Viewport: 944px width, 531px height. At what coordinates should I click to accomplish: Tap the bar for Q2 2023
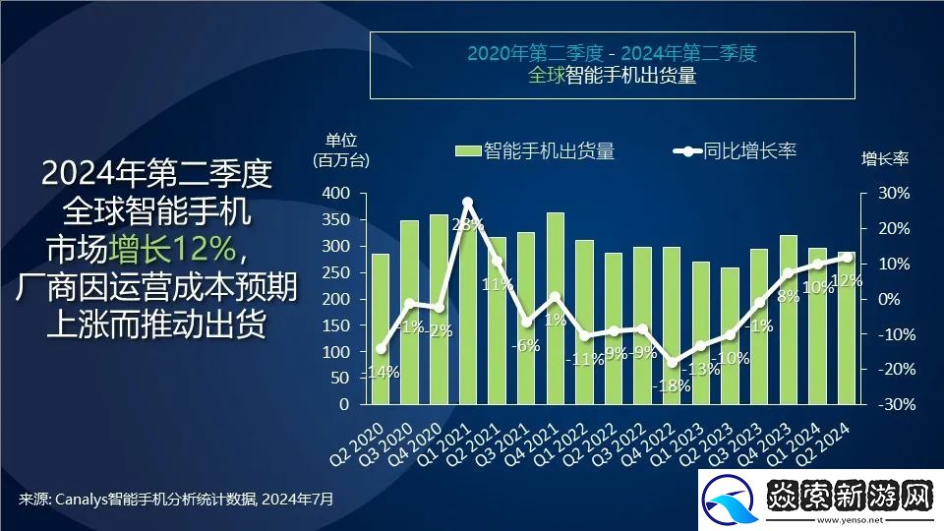[730, 335]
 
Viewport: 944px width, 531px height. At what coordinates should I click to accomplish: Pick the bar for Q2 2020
[380, 328]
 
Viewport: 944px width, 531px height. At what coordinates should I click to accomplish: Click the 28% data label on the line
[467, 225]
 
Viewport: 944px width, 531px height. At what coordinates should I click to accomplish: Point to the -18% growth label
[671, 385]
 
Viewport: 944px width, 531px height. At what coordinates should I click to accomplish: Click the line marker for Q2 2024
[846, 258]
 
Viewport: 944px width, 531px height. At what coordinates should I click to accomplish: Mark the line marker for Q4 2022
[672, 363]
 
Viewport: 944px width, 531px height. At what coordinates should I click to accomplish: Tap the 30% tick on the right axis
[893, 193]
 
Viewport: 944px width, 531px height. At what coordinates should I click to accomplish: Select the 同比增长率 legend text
[749, 150]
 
